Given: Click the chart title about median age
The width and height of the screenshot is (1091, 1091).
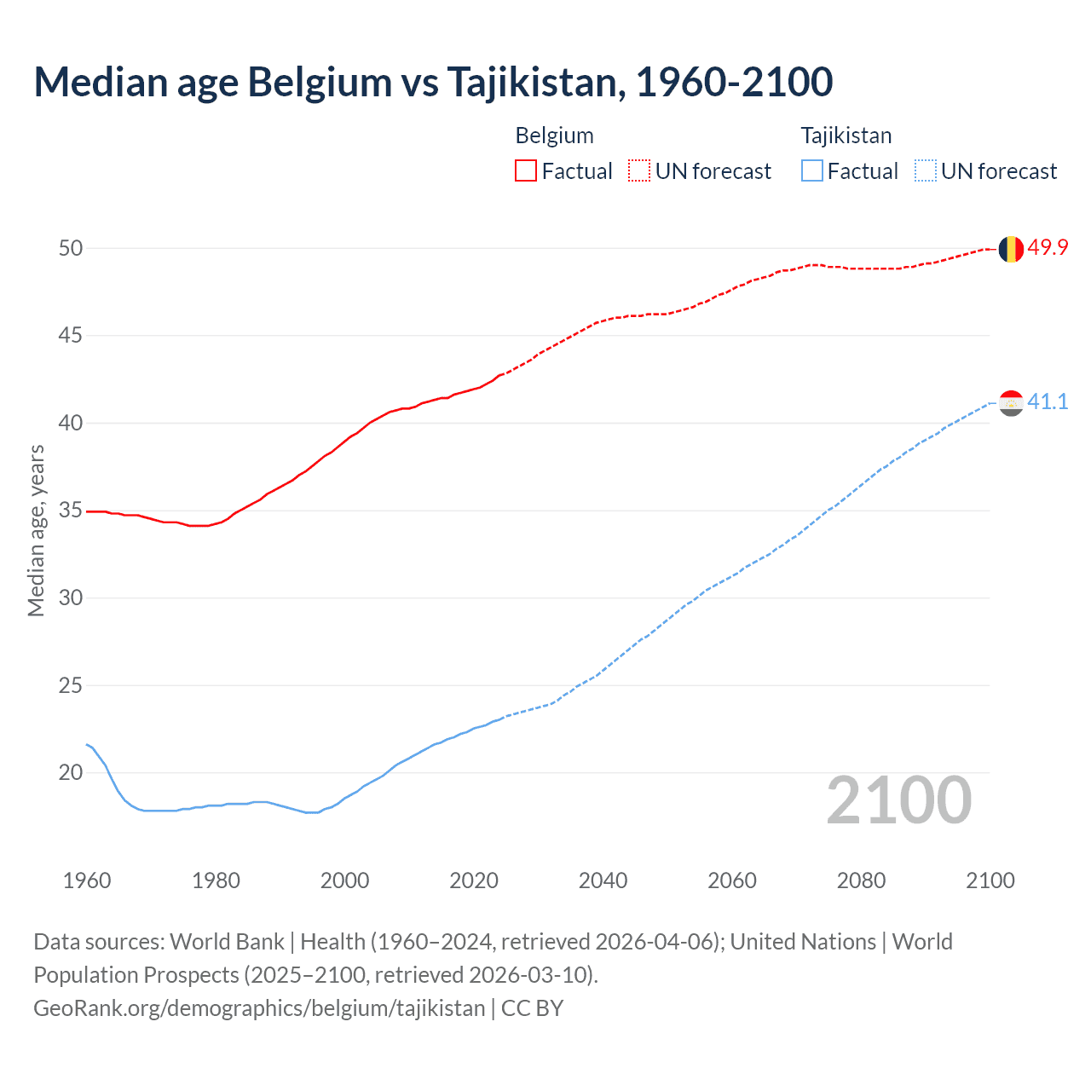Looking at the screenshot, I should click(x=433, y=82).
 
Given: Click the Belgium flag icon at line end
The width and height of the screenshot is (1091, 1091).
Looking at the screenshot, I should click(x=1011, y=249).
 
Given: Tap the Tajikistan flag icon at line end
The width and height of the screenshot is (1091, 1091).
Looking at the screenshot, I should click(x=1011, y=403).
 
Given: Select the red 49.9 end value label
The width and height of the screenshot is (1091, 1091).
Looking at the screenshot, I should click(x=1048, y=247).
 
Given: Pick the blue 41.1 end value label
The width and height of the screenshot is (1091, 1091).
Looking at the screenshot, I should click(x=1048, y=401).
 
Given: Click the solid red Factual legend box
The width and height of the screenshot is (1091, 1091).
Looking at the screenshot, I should click(x=526, y=171).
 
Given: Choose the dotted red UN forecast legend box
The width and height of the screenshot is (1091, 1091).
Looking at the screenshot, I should click(x=639, y=171).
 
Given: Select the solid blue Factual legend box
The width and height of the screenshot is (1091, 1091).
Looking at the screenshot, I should click(x=812, y=171).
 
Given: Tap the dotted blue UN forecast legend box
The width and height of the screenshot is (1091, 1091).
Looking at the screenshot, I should click(x=926, y=171).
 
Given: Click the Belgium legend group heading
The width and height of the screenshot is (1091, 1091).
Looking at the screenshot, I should click(x=554, y=136).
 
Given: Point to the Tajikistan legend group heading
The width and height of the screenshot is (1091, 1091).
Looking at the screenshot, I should click(x=846, y=136).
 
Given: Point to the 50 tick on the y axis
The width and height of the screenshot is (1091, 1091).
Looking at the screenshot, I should click(x=71, y=248).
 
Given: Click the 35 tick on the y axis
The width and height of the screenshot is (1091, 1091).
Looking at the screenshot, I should click(x=71, y=511).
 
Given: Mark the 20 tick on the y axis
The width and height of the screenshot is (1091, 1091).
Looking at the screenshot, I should click(x=71, y=773).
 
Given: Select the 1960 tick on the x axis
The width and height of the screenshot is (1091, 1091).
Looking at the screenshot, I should click(x=87, y=880).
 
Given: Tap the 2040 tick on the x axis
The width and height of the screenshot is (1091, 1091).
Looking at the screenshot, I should click(x=603, y=880).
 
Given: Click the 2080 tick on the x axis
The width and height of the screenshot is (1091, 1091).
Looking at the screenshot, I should click(x=861, y=880).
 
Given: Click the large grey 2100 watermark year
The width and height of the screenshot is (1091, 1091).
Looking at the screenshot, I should click(x=898, y=800).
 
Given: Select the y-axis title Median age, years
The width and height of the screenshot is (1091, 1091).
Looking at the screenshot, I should click(x=36, y=530).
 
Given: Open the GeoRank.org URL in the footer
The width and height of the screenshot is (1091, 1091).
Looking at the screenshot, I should click(x=259, y=1008).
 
